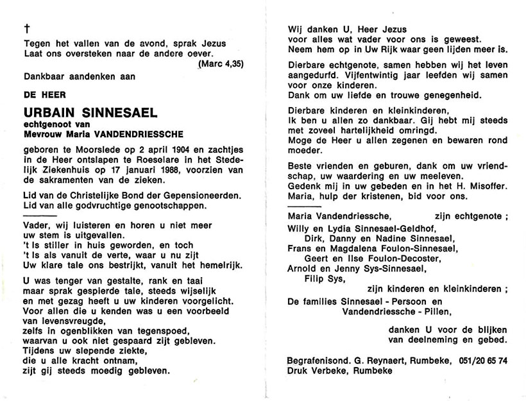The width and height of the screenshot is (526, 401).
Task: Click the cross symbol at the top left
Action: tap(26, 28)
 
